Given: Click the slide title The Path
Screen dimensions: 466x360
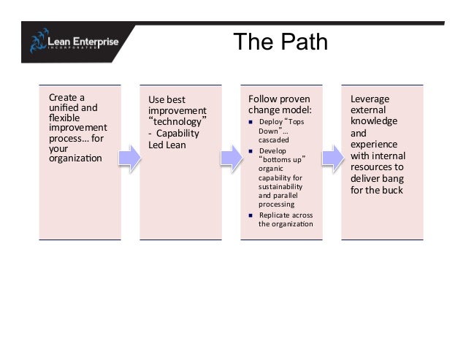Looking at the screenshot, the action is (280, 42).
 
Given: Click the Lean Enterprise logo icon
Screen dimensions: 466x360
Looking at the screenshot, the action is (39, 42).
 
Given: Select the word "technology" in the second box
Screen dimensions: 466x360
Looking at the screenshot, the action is (177, 121).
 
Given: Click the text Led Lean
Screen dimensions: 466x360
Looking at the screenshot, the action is (167, 145).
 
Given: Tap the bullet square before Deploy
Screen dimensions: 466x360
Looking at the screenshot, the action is (251, 121).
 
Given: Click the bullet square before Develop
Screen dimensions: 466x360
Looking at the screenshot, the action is (251, 150).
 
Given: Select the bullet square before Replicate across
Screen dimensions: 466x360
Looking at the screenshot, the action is (251, 215).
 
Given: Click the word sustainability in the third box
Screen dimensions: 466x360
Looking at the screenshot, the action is (280, 186).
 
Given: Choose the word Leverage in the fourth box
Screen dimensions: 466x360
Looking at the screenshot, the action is (370, 99).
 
